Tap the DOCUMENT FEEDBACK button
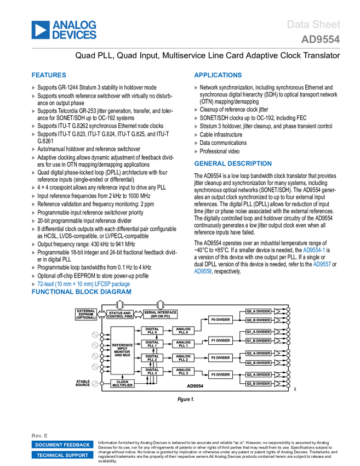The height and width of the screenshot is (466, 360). point(62,445)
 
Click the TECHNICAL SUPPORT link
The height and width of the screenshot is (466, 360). point(62,456)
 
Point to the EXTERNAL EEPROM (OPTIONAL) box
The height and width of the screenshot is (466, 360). point(86,314)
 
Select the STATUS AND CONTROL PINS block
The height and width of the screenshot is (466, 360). point(119,315)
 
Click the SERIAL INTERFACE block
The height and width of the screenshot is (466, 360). point(160,315)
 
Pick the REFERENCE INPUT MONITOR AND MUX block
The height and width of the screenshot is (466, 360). point(122,350)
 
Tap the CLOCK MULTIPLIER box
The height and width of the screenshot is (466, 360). point(122,384)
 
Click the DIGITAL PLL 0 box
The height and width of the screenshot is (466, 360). point(152,331)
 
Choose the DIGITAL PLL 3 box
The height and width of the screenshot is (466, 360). point(152,371)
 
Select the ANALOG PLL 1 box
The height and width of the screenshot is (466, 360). point(184,344)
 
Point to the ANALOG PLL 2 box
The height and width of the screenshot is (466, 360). point(184,357)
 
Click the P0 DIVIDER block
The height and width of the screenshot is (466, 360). point(220,320)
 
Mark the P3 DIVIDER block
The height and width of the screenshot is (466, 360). point(220,374)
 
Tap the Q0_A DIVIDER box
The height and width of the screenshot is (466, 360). point(258,311)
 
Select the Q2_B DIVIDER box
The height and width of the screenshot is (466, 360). point(258,363)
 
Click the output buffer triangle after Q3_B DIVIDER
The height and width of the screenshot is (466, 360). point(277,384)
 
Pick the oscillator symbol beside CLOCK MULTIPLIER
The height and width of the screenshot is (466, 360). point(95,384)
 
